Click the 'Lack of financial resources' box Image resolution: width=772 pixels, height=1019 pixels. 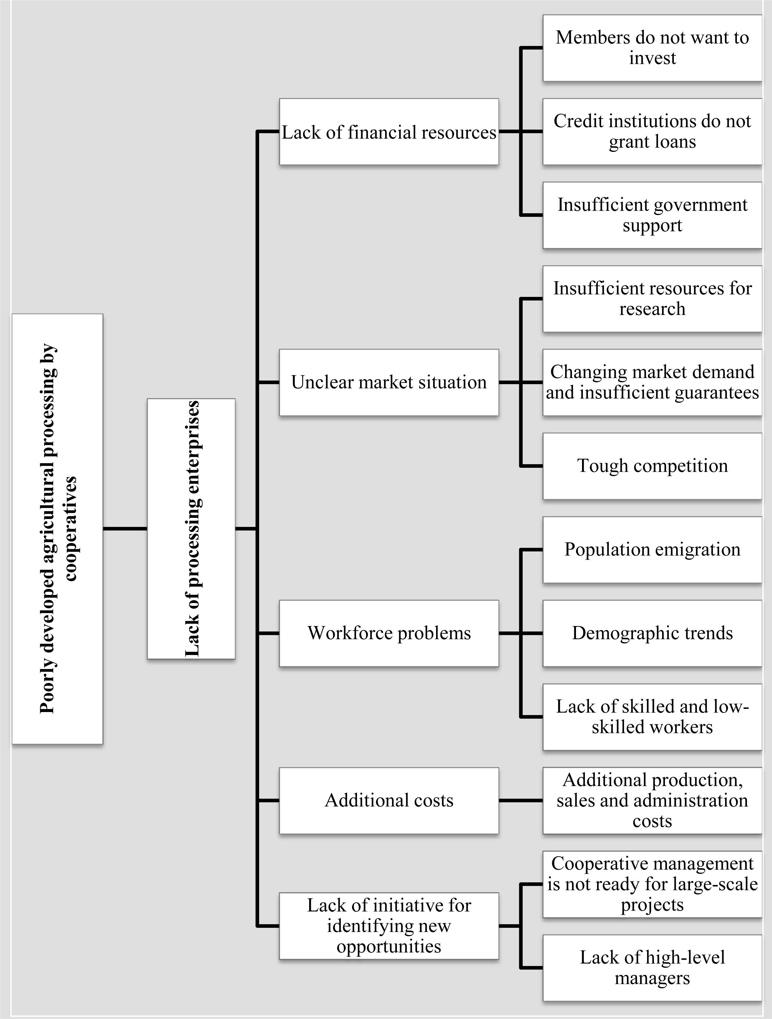(x=389, y=132)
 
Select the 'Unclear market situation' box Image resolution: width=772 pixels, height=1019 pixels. (x=389, y=382)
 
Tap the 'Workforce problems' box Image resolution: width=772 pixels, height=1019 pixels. (x=389, y=633)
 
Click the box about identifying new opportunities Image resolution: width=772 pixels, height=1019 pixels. (x=389, y=926)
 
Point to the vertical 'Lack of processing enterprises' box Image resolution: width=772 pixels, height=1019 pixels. (x=191, y=528)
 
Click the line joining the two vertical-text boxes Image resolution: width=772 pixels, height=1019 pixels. (x=125, y=528)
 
